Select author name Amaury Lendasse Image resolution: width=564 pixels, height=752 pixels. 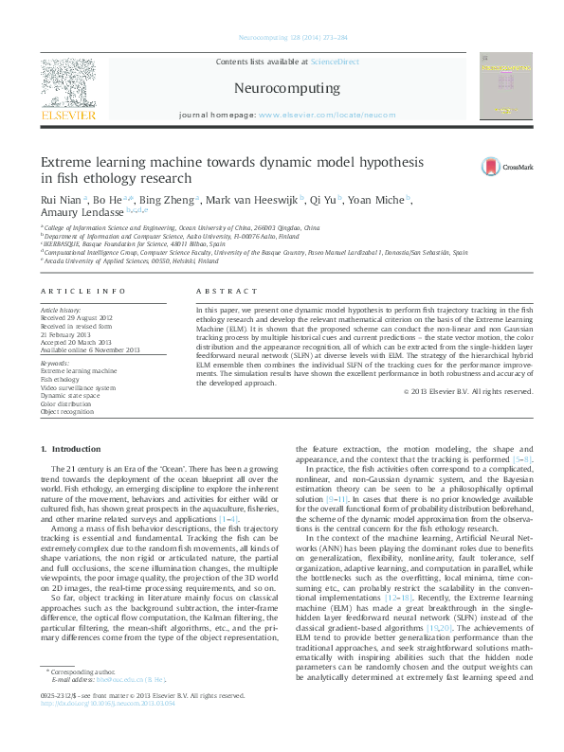pos(79,214)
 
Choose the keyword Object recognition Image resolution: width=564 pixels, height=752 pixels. pos(67,412)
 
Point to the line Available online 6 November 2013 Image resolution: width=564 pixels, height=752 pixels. pos(89,350)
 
